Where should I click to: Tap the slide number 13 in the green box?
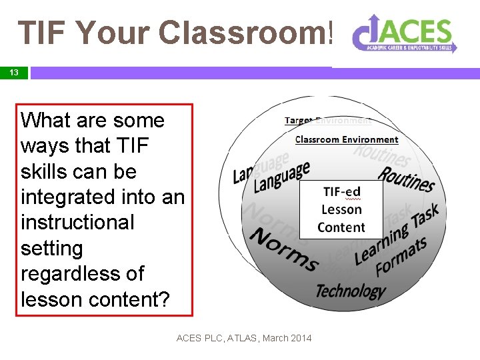(x=13, y=73)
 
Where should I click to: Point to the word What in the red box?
(x=45, y=121)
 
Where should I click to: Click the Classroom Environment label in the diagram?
(x=346, y=139)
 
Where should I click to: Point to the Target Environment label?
(x=327, y=121)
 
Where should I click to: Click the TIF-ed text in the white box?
(x=341, y=192)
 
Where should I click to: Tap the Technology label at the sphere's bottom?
(x=350, y=291)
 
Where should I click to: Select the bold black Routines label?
(x=406, y=179)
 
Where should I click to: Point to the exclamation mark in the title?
(x=329, y=32)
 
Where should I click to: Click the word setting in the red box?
(x=52, y=249)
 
